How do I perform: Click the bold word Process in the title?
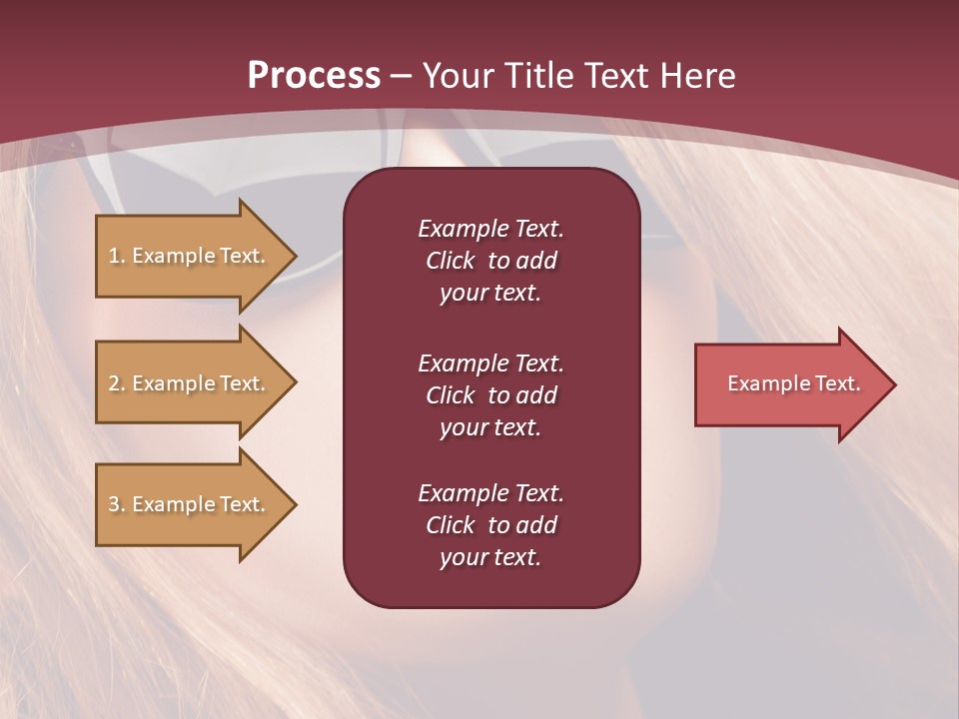[314, 76]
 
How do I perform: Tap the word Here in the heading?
[697, 76]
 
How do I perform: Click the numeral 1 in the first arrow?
[114, 256]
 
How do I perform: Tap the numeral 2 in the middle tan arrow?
[114, 383]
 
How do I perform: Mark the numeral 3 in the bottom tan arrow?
[114, 504]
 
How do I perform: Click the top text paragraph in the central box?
[490, 261]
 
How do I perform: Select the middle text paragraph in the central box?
[490, 395]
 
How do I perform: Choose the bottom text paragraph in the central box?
[490, 525]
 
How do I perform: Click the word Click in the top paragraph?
[451, 261]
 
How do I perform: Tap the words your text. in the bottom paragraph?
[490, 557]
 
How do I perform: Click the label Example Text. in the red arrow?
[794, 383]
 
